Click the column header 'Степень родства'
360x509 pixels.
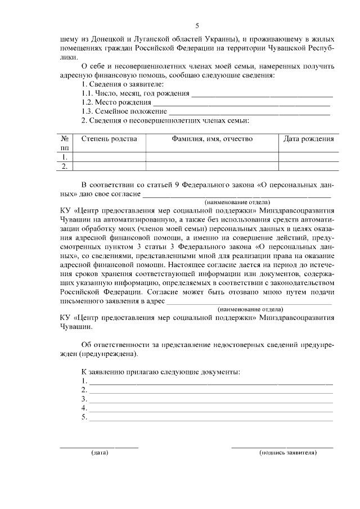[109, 139]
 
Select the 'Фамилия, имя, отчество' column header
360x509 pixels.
[212, 139]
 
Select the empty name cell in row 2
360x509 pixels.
[212, 166]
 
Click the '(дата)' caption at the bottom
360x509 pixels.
[100, 452]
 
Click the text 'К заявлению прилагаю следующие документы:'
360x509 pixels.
[160, 372]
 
